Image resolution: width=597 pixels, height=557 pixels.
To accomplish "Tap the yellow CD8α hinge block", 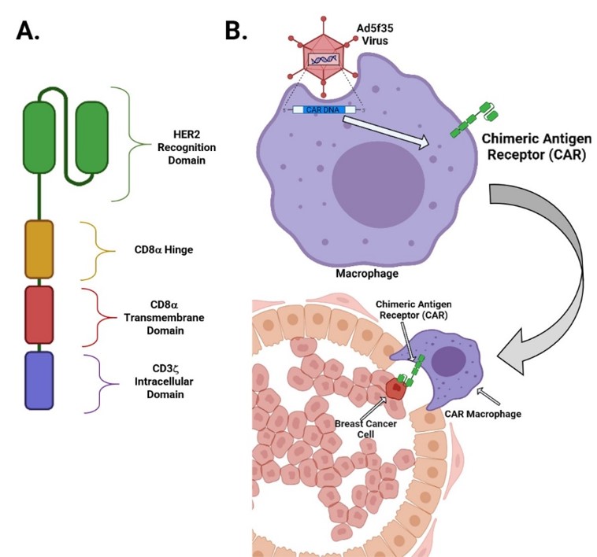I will tap(39, 249).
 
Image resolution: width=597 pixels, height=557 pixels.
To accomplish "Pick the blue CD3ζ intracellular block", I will tap(39, 380).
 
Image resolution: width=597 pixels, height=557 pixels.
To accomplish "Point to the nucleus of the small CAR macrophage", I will tap(452, 363).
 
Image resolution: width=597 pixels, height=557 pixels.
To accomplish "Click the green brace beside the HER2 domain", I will tap(131, 145).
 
